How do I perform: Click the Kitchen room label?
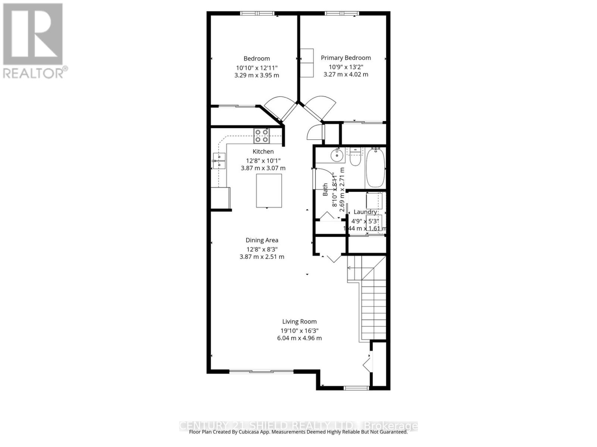(x=263, y=152)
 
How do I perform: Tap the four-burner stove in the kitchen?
(x=262, y=136)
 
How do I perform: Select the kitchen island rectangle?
(x=269, y=191)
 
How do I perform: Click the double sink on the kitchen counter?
(x=219, y=161)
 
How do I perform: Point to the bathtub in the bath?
(x=375, y=168)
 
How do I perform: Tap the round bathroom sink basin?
(x=337, y=155)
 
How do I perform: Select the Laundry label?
(x=365, y=212)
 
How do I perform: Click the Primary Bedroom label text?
(x=346, y=58)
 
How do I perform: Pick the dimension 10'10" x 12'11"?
(x=257, y=68)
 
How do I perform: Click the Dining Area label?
(x=262, y=240)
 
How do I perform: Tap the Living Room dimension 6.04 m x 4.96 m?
(x=299, y=338)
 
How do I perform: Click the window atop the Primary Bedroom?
(x=341, y=14)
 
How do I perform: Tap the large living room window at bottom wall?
(x=261, y=371)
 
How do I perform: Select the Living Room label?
(x=299, y=321)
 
